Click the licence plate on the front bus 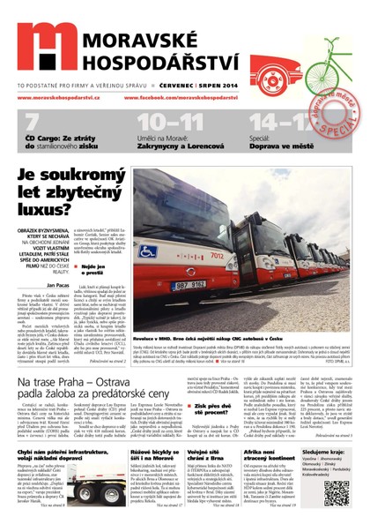pos(188,286)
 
